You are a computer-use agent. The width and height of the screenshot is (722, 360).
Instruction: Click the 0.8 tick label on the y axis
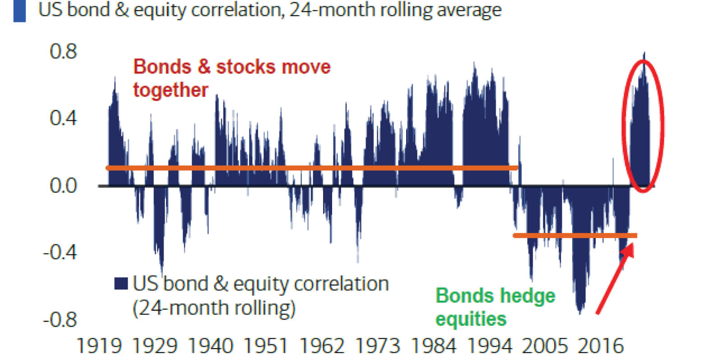63,51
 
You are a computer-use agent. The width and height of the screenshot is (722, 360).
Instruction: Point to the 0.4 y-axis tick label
63,118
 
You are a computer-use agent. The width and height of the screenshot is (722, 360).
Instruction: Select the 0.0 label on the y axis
63,186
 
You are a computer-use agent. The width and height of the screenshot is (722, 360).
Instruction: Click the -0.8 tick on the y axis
60,320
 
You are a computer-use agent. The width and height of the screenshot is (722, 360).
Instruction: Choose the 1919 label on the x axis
99,346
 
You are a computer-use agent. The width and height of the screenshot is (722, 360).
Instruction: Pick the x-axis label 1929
155,346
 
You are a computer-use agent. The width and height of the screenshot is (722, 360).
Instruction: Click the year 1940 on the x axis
210,346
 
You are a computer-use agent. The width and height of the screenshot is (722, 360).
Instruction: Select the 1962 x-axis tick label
322,346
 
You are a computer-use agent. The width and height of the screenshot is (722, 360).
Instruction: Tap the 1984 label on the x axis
434,346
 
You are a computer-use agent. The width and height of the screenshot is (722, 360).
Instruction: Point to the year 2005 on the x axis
545,346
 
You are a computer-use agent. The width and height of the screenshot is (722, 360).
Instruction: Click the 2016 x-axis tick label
601,346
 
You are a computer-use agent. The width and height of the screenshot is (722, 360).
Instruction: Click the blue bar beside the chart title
19,11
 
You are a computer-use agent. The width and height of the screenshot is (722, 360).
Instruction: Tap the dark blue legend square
121,283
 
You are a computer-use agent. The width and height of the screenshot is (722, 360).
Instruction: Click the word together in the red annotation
171,90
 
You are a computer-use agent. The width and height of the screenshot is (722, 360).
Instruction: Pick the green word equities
471,319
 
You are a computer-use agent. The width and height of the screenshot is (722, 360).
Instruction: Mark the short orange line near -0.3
575,235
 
